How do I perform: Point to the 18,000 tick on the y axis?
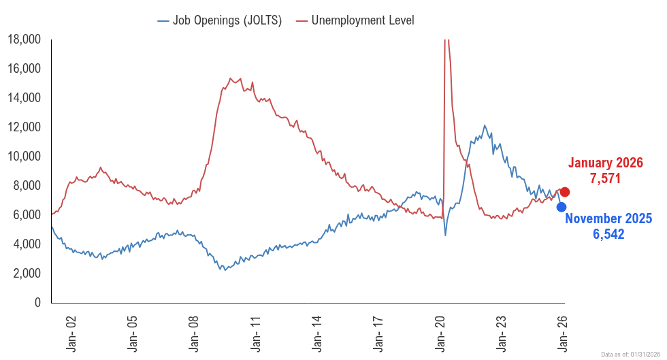[24, 39]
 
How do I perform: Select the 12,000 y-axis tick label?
[24, 127]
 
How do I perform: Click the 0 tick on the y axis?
[38, 303]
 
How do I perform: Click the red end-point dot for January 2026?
[565, 192]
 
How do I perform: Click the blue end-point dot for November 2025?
[562, 207]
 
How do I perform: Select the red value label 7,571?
[605, 178]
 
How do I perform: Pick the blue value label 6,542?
[608, 234]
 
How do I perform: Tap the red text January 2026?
[605, 163]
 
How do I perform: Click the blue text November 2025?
[608, 219]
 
